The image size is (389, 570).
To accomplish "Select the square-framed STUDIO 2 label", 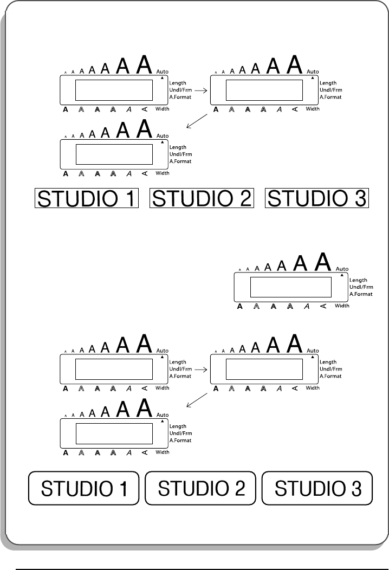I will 202,198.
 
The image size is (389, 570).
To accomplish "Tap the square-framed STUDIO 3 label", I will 316,198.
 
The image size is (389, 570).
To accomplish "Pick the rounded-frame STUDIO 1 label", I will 85,489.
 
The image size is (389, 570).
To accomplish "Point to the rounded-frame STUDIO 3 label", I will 317,489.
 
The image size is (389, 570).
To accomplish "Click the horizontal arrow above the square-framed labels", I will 201,91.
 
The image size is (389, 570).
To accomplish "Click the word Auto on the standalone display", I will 342,269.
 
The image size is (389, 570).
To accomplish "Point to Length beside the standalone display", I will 358,280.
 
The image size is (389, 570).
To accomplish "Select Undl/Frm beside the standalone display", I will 360,287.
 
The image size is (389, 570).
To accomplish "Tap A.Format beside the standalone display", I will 360,294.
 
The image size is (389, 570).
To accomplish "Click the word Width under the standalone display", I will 342,306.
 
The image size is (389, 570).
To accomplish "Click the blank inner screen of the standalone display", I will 290,287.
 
